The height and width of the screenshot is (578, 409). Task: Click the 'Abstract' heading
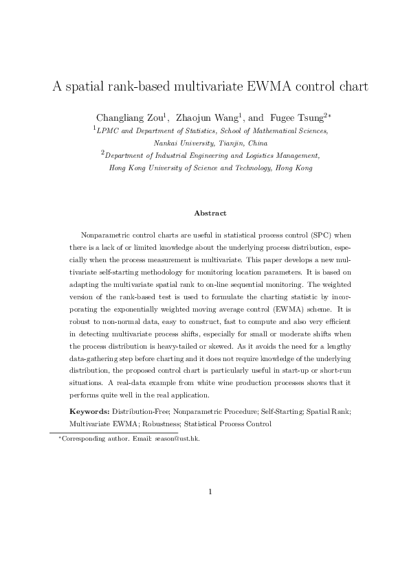click(210, 213)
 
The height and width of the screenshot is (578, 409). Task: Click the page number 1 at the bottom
click(210, 492)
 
